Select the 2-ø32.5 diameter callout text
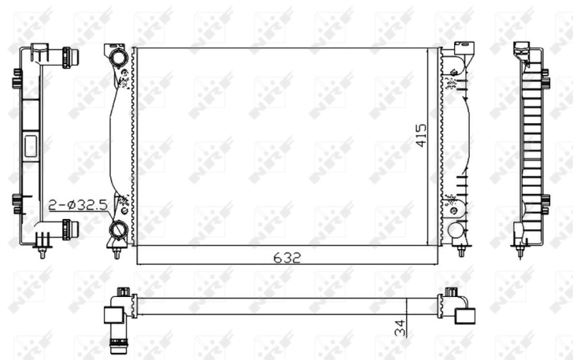[x=78, y=205]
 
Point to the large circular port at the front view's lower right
[x=455, y=230]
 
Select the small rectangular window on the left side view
[x=31, y=147]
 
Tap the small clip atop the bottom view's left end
[x=124, y=292]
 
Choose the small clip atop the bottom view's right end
[x=451, y=292]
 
